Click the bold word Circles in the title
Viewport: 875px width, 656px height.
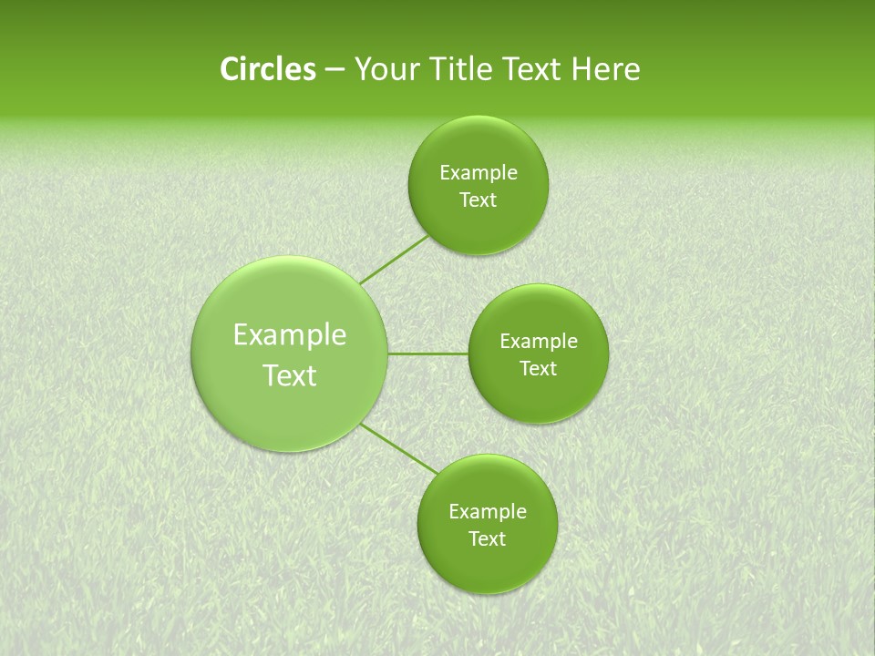[x=267, y=69]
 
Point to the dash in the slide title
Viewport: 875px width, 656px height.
[x=334, y=71]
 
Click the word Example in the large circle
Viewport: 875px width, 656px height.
[x=290, y=335]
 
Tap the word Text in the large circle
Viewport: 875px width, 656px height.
[x=290, y=375]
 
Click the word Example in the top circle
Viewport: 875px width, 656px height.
[x=479, y=173]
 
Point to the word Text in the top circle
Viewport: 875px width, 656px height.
[x=478, y=200]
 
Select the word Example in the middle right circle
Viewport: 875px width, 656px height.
[x=539, y=342]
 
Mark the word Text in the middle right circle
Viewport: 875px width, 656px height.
[x=539, y=369]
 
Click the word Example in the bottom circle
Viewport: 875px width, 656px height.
[x=488, y=512]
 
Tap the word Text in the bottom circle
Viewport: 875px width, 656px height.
[x=487, y=539]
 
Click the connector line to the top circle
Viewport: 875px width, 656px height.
[x=394, y=260]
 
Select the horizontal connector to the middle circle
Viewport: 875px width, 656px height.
[x=428, y=354]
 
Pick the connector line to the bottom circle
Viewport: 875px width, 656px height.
[x=399, y=448]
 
